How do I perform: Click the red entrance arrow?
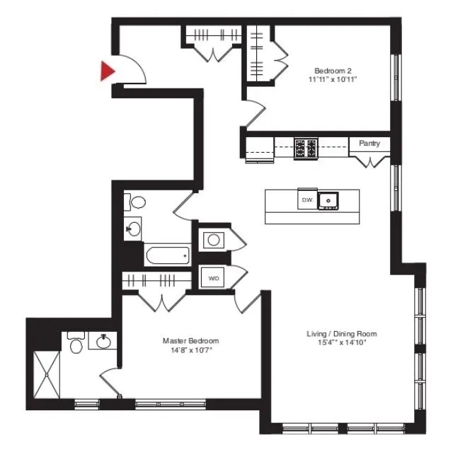(x=106, y=71)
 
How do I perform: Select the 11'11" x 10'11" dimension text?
(x=333, y=79)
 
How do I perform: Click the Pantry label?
(x=369, y=144)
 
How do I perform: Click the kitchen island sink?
(x=328, y=201)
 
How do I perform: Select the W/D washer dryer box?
(x=213, y=279)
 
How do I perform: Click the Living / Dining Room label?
(x=342, y=334)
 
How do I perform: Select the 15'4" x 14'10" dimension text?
(x=342, y=343)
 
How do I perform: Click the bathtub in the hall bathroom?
(x=168, y=255)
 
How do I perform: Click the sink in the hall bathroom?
(x=133, y=228)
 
